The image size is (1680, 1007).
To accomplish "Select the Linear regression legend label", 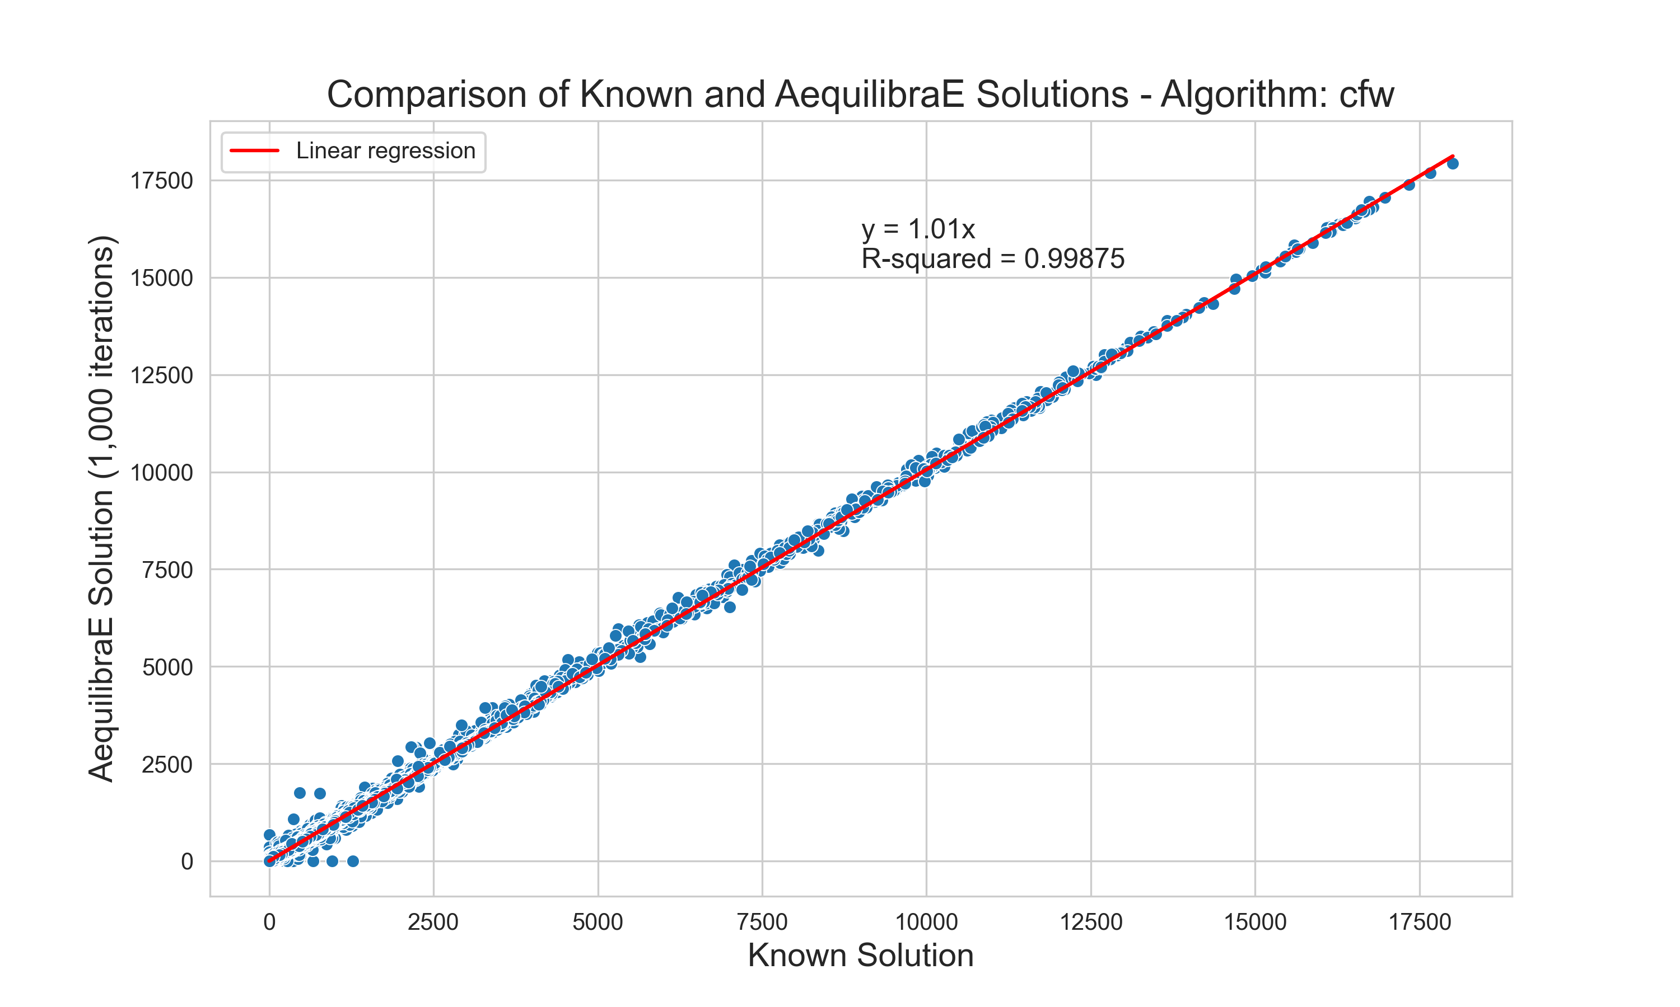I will pyautogui.click(x=385, y=150).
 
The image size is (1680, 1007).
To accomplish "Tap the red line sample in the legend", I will pyautogui.click(x=255, y=150).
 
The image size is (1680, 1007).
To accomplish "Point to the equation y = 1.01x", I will pyautogui.click(x=918, y=229).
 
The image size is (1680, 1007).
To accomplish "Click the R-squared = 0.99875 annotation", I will pyautogui.click(x=993, y=258).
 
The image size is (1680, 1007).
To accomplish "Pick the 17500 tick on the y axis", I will pyautogui.click(x=162, y=181).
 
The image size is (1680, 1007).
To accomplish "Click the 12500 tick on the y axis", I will pyautogui.click(x=162, y=375).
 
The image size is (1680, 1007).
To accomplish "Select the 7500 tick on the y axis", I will pyautogui.click(x=167, y=570).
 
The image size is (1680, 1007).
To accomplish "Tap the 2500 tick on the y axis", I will pyautogui.click(x=167, y=765).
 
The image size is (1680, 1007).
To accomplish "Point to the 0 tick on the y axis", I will pyautogui.click(x=186, y=862).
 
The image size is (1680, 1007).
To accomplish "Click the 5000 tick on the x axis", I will pyautogui.click(x=598, y=922).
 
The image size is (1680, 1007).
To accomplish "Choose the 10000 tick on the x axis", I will pyautogui.click(x=926, y=922).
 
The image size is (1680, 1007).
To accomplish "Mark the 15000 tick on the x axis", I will pyautogui.click(x=1255, y=922).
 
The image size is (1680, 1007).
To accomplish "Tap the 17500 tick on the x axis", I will pyautogui.click(x=1419, y=922).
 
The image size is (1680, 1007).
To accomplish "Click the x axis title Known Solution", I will pyautogui.click(x=860, y=956).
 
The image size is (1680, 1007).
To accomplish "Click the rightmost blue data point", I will pyautogui.click(x=1453, y=163).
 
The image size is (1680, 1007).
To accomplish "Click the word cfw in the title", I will pyautogui.click(x=1366, y=95).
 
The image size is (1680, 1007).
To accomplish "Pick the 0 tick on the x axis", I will pyautogui.click(x=269, y=922).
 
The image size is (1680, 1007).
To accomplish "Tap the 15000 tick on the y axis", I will pyautogui.click(x=162, y=278).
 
